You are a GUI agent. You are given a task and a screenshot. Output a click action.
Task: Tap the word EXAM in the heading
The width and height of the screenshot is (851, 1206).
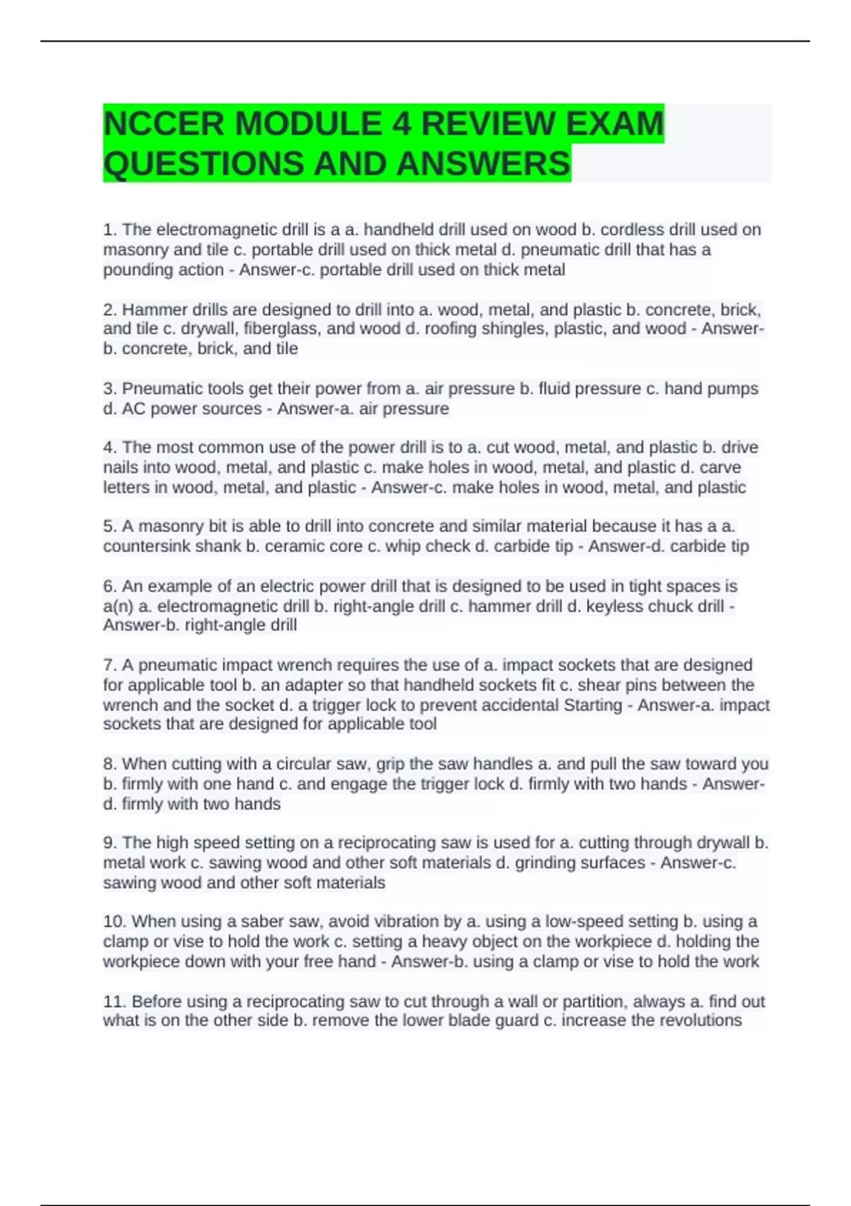(614, 124)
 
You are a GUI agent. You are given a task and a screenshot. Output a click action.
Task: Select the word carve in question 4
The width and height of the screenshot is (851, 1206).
(721, 468)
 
